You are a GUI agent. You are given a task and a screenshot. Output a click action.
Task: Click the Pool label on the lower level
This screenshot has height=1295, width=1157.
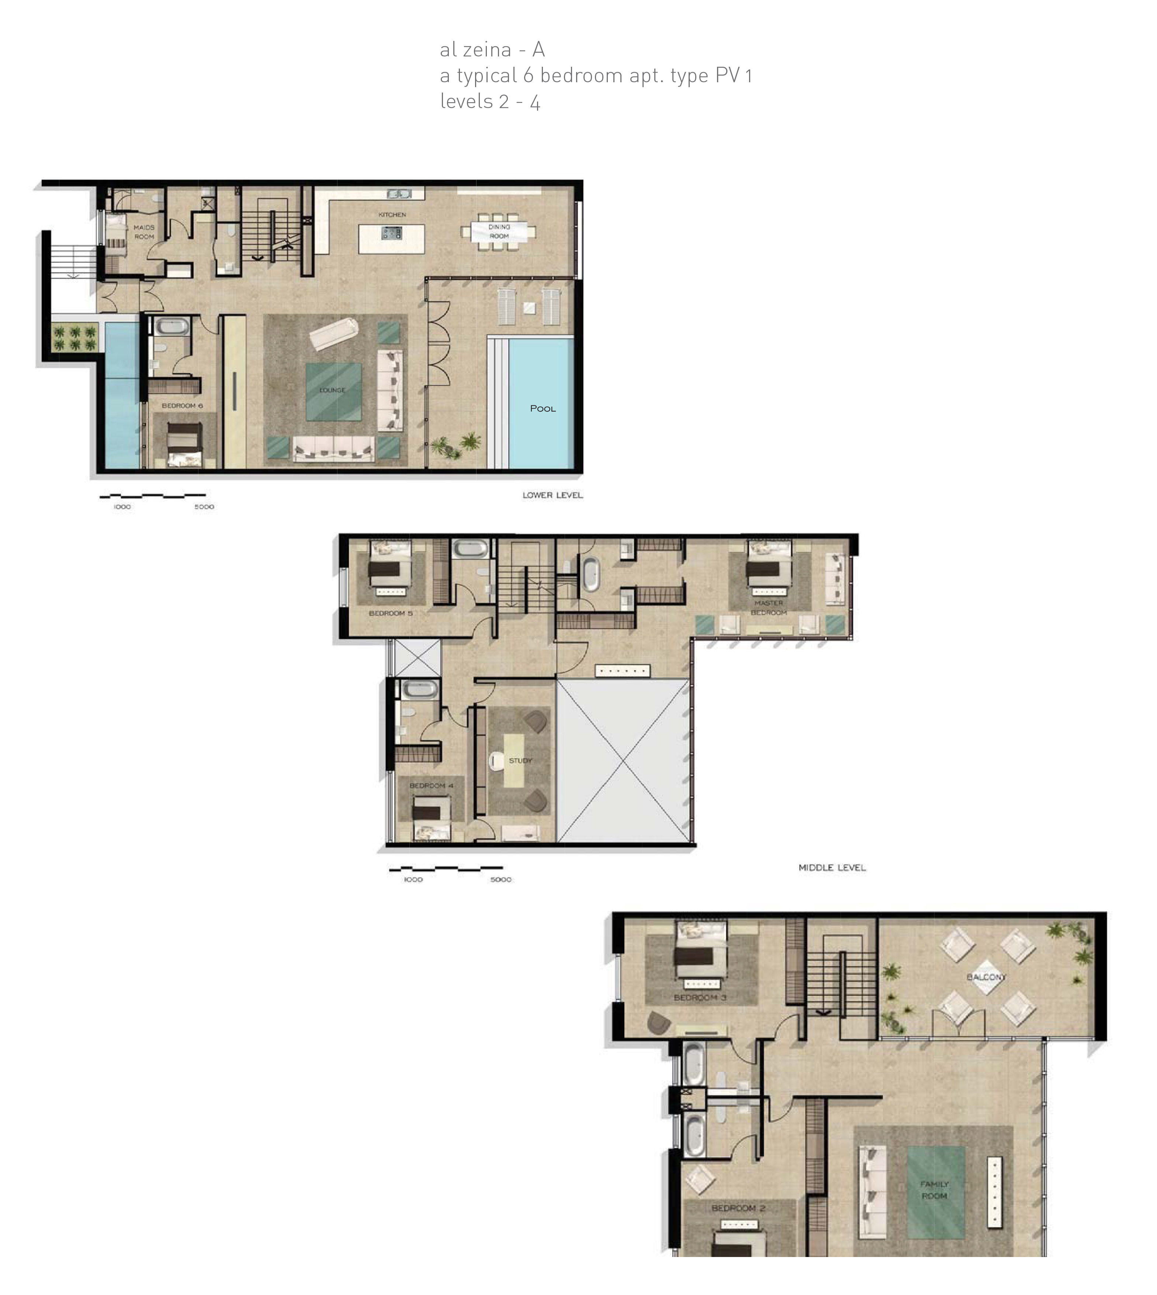pyautogui.click(x=543, y=409)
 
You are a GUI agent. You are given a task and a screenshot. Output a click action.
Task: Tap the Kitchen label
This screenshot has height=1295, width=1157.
pyautogui.click(x=392, y=215)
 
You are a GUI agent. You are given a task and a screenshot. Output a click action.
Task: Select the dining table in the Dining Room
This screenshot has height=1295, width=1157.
pyautogui.click(x=499, y=231)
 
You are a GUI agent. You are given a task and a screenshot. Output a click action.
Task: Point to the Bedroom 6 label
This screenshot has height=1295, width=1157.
pyautogui.click(x=183, y=406)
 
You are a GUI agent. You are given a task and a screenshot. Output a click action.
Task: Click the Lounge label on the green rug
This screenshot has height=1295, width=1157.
pyautogui.click(x=332, y=390)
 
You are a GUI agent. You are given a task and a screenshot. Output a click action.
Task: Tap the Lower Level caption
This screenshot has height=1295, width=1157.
pyautogui.click(x=552, y=495)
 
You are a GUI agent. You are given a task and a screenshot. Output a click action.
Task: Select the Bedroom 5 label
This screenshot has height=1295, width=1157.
pyautogui.click(x=391, y=613)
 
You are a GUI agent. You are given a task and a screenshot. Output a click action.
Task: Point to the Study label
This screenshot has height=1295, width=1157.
pyautogui.click(x=521, y=760)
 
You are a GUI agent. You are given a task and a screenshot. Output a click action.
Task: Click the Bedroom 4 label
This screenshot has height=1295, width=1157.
pyautogui.click(x=432, y=786)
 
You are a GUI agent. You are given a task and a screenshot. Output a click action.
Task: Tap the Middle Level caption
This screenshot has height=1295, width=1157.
pyautogui.click(x=832, y=868)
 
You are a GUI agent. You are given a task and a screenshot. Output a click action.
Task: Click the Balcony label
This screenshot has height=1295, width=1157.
pyautogui.click(x=987, y=977)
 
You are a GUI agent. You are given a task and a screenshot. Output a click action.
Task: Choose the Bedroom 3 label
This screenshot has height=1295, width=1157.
pyautogui.click(x=700, y=997)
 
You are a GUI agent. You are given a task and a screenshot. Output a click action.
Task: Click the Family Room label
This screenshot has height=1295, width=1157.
pyautogui.click(x=935, y=1190)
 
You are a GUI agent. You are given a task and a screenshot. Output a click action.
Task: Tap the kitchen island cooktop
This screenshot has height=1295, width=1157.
pyautogui.click(x=391, y=233)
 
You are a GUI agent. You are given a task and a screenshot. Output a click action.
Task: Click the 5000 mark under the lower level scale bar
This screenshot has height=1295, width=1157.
pyautogui.click(x=204, y=507)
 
